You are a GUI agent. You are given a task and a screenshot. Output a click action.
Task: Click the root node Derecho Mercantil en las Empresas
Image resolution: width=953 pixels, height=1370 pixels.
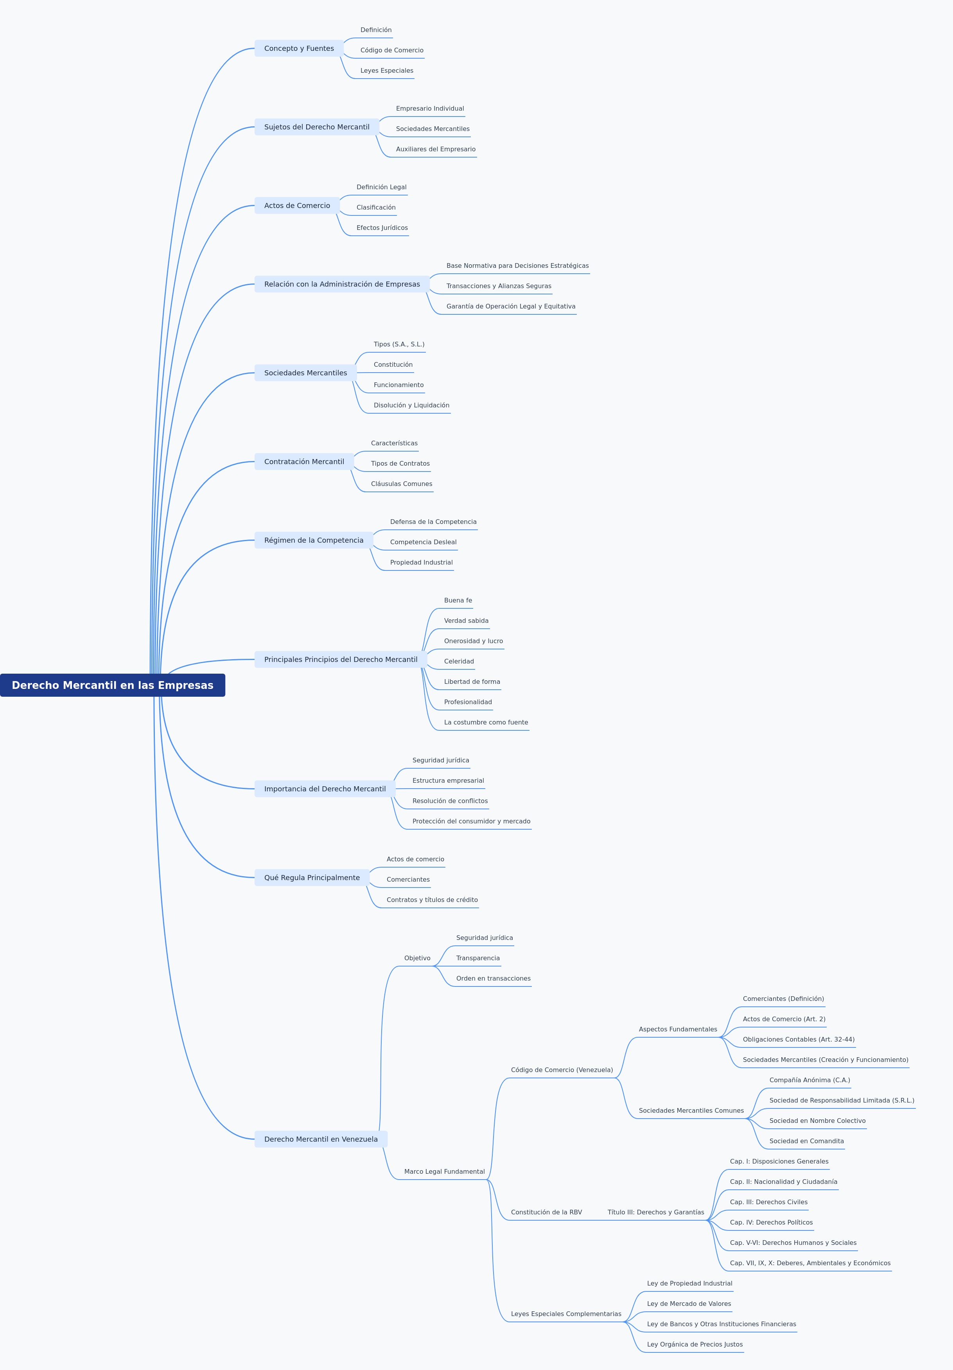coord(112,685)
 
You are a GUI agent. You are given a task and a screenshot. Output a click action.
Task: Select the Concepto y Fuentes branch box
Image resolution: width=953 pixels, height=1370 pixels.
coord(299,48)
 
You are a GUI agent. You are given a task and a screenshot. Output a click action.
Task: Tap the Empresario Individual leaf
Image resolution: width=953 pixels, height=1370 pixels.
coord(430,109)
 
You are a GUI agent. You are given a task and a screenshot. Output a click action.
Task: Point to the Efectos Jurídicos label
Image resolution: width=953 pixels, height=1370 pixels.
coord(382,228)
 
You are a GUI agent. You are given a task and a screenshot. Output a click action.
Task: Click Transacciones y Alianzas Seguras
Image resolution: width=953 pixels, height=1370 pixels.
coord(499,286)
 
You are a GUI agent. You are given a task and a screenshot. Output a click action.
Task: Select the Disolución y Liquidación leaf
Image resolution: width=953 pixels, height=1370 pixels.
coord(411,405)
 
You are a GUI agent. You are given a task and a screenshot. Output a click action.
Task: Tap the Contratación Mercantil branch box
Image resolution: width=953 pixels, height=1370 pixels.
coord(304,462)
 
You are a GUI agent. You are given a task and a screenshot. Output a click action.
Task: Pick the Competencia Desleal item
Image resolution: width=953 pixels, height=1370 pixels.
coord(423,542)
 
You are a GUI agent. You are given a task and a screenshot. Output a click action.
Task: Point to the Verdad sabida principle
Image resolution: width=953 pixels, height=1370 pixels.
coord(466,620)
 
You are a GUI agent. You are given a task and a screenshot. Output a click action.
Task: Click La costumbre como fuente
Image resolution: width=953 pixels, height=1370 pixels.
coord(486,723)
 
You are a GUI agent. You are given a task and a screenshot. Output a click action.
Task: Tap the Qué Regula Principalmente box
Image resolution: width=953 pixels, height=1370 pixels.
coord(312,878)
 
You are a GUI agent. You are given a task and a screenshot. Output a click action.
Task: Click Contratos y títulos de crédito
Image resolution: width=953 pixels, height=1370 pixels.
coord(432,900)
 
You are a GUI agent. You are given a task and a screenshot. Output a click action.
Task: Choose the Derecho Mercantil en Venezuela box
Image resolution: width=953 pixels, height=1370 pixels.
coord(321,1139)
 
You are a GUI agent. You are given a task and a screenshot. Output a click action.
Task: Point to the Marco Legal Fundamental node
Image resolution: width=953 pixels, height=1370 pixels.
coord(445,1172)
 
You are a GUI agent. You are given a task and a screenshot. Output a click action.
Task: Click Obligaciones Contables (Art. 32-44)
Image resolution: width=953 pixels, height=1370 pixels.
coord(799,1040)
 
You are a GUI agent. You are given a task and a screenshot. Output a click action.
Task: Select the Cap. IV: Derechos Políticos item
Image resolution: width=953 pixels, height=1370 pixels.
coord(771,1223)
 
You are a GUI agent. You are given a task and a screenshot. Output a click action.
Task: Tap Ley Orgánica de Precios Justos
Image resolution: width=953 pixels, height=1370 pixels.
coord(695,1344)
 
